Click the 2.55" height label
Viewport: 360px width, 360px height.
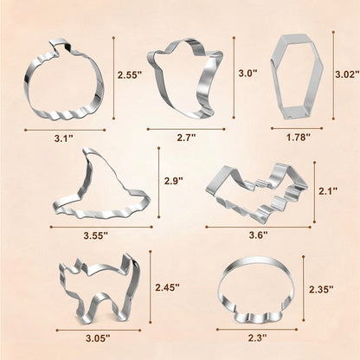pyautogui.click(x=130, y=75)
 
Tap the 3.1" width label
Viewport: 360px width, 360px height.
pyautogui.click(x=64, y=138)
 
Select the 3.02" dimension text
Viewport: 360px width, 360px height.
pyautogui.click(x=347, y=74)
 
